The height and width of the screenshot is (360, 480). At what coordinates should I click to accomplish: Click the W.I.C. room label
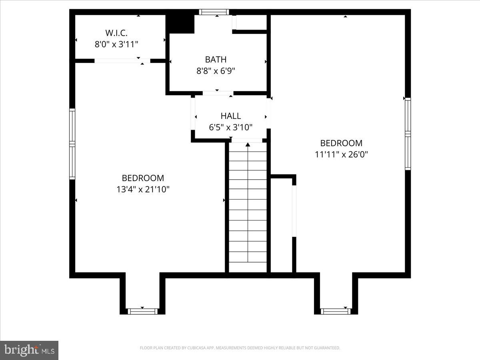tap(116, 32)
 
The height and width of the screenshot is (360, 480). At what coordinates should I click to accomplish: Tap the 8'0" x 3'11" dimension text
tap(116, 44)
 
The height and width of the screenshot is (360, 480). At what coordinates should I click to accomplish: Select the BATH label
tap(216, 60)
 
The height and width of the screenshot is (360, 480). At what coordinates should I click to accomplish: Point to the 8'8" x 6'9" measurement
tap(216, 71)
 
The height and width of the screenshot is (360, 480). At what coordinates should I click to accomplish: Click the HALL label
tap(231, 116)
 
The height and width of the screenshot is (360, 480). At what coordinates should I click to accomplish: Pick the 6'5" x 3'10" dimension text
tap(231, 128)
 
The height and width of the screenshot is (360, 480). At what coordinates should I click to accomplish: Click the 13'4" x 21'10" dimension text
tap(143, 190)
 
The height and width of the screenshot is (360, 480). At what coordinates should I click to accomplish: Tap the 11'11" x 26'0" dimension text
tap(341, 154)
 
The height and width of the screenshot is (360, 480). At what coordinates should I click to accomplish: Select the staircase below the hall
tap(248, 208)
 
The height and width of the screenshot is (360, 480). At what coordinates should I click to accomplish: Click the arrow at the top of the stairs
tap(248, 144)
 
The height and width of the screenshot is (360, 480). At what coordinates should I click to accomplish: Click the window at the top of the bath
tap(214, 12)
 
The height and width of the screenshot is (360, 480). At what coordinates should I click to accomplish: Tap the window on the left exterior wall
tap(72, 144)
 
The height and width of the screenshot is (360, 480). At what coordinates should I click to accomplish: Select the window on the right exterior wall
tap(408, 134)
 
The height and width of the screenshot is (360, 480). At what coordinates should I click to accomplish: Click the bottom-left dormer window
tap(142, 311)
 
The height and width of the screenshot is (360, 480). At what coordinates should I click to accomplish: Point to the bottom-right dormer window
tap(336, 311)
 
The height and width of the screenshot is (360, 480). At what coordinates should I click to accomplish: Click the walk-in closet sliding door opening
tap(122, 61)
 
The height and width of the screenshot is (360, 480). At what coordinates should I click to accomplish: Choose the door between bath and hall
tap(218, 93)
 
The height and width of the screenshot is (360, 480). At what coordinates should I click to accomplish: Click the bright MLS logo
tap(29, 350)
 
